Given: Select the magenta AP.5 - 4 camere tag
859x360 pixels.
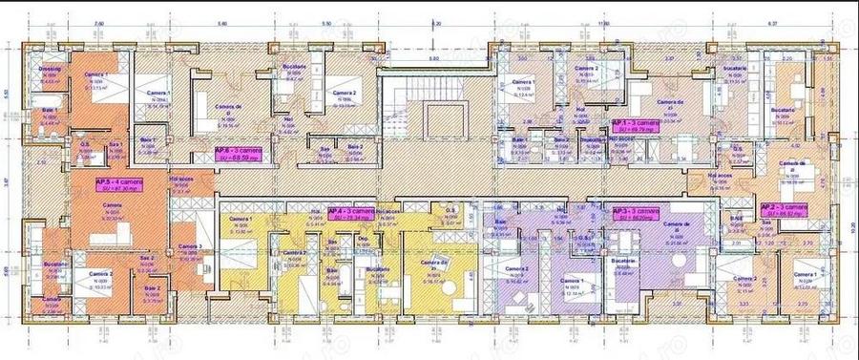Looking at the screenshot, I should click(115, 181).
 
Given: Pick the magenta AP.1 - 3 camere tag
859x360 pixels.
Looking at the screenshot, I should click(634, 126).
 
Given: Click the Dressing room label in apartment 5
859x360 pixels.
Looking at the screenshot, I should click(51, 70).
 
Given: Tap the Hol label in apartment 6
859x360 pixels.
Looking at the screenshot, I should click(287, 120).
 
